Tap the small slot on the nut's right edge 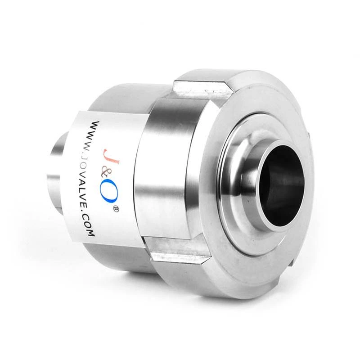point(310,135)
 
